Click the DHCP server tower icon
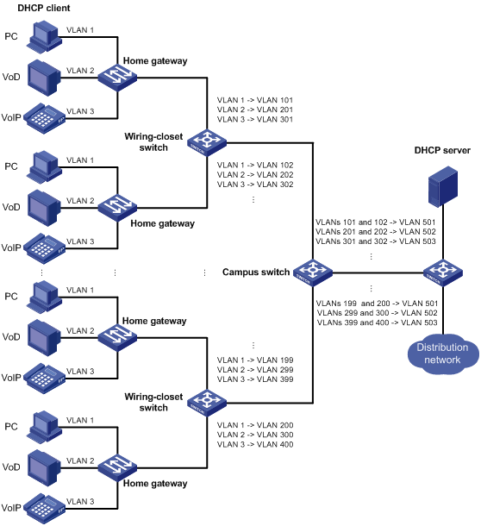click(443, 186)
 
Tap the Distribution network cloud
click(443, 354)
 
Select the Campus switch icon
click(313, 272)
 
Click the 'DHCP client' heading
click(44, 8)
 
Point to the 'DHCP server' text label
click(442, 150)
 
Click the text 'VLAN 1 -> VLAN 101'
click(255, 100)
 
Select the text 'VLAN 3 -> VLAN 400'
click(255, 444)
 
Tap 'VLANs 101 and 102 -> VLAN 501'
click(375, 222)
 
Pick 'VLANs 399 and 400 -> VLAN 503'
click(377, 322)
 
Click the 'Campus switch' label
click(256, 272)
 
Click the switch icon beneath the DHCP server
click(443, 272)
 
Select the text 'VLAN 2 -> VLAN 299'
click(255, 370)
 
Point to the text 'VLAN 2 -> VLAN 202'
click(255, 175)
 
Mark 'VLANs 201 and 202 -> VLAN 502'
click(375, 231)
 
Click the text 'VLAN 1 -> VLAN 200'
click(255, 425)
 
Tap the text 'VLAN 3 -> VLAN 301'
click(255, 119)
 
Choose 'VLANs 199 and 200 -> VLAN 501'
click(377, 304)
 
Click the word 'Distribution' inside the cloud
click(442, 348)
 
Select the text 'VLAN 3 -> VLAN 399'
click(255, 379)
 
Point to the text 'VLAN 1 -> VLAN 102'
click(255, 165)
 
